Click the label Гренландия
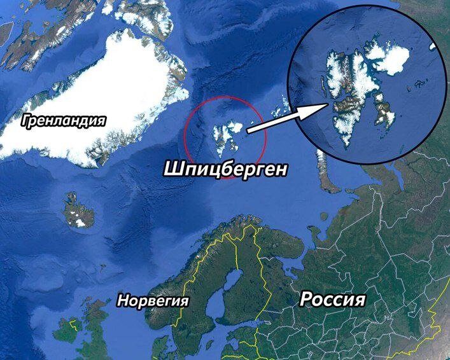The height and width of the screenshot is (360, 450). tap(62, 120)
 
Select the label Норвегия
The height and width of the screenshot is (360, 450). tap(153, 300)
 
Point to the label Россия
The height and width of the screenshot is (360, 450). tap(332, 300)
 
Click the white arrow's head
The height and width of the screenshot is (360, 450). tap(320, 106)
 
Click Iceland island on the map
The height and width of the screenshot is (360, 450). tap(78, 211)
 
